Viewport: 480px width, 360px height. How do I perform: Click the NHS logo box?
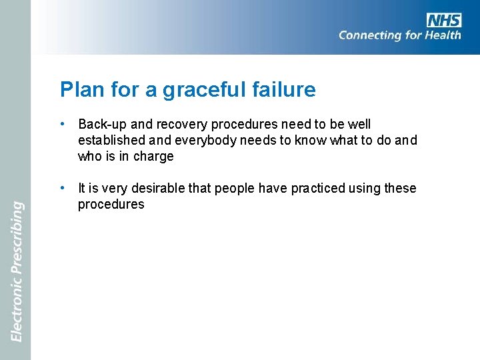(x=444, y=20)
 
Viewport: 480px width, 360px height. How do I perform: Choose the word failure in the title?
(x=284, y=89)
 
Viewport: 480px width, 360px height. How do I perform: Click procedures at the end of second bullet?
(x=111, y=205)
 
